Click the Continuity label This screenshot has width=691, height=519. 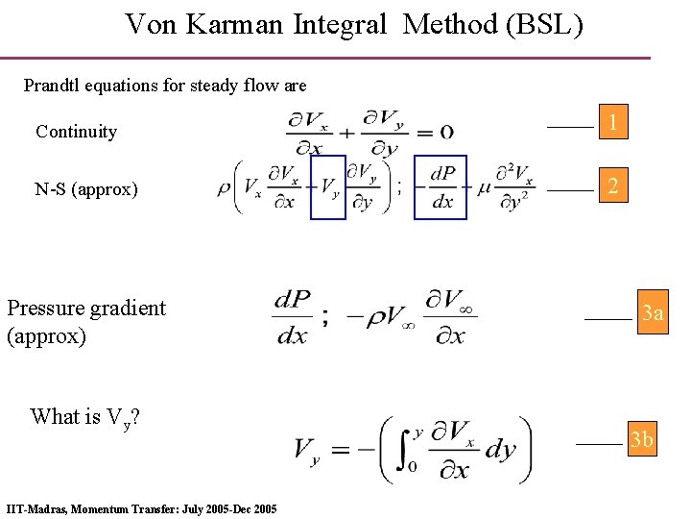(x=76, y=132)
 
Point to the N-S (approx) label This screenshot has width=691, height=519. (x=86, y=189)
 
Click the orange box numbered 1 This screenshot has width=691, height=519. (x=612, y=122)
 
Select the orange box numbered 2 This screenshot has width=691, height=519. (x=612, y=186)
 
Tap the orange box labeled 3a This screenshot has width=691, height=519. (x=653, y=313)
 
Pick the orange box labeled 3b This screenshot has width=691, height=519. (x=641, y=440)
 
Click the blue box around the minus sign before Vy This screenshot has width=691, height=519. (x=327, y=186)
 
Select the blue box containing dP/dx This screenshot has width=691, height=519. (x=441, y=186)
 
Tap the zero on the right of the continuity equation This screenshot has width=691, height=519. (x=446, y=132)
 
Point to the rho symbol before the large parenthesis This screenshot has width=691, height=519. (x=225, y=187)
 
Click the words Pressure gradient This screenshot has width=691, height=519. (x=86, y=308)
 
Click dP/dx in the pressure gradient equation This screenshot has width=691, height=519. (x=293, y=316)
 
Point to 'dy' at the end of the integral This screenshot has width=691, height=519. (x=500, y=449)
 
